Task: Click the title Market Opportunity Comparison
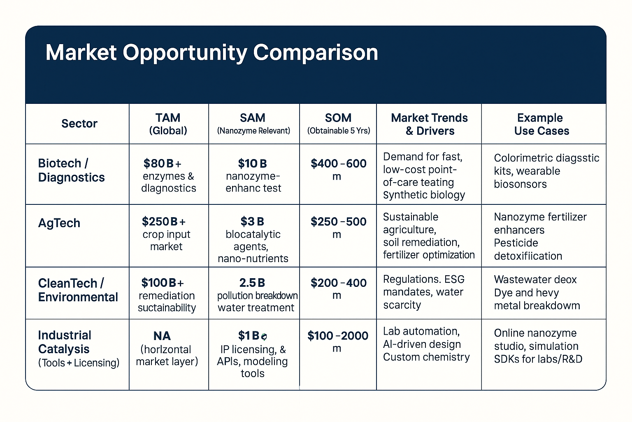point(211,53)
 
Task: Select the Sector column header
point(79,124)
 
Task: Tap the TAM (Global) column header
point(168,124)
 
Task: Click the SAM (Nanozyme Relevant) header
point(253,124)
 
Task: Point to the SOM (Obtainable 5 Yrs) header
point(338,124)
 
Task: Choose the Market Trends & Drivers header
point(429,124)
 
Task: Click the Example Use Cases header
point(541,124)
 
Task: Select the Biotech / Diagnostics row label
point(71,170)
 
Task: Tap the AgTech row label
point(59,223)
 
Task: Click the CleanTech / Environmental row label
point(78,290)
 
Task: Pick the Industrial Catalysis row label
point(65,342)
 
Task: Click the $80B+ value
point(162,164)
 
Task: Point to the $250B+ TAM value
point(163,222)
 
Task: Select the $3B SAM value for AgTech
point(252,222)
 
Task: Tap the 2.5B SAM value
point(252,283)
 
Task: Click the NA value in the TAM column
point(162,336)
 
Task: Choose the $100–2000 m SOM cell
point(338,341)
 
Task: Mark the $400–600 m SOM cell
point(338,169)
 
